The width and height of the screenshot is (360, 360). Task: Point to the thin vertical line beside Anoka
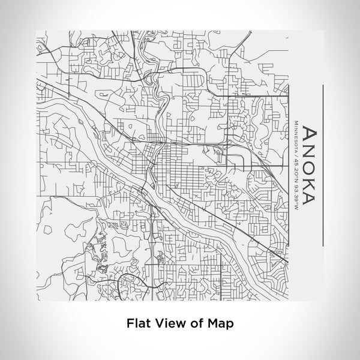324,165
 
